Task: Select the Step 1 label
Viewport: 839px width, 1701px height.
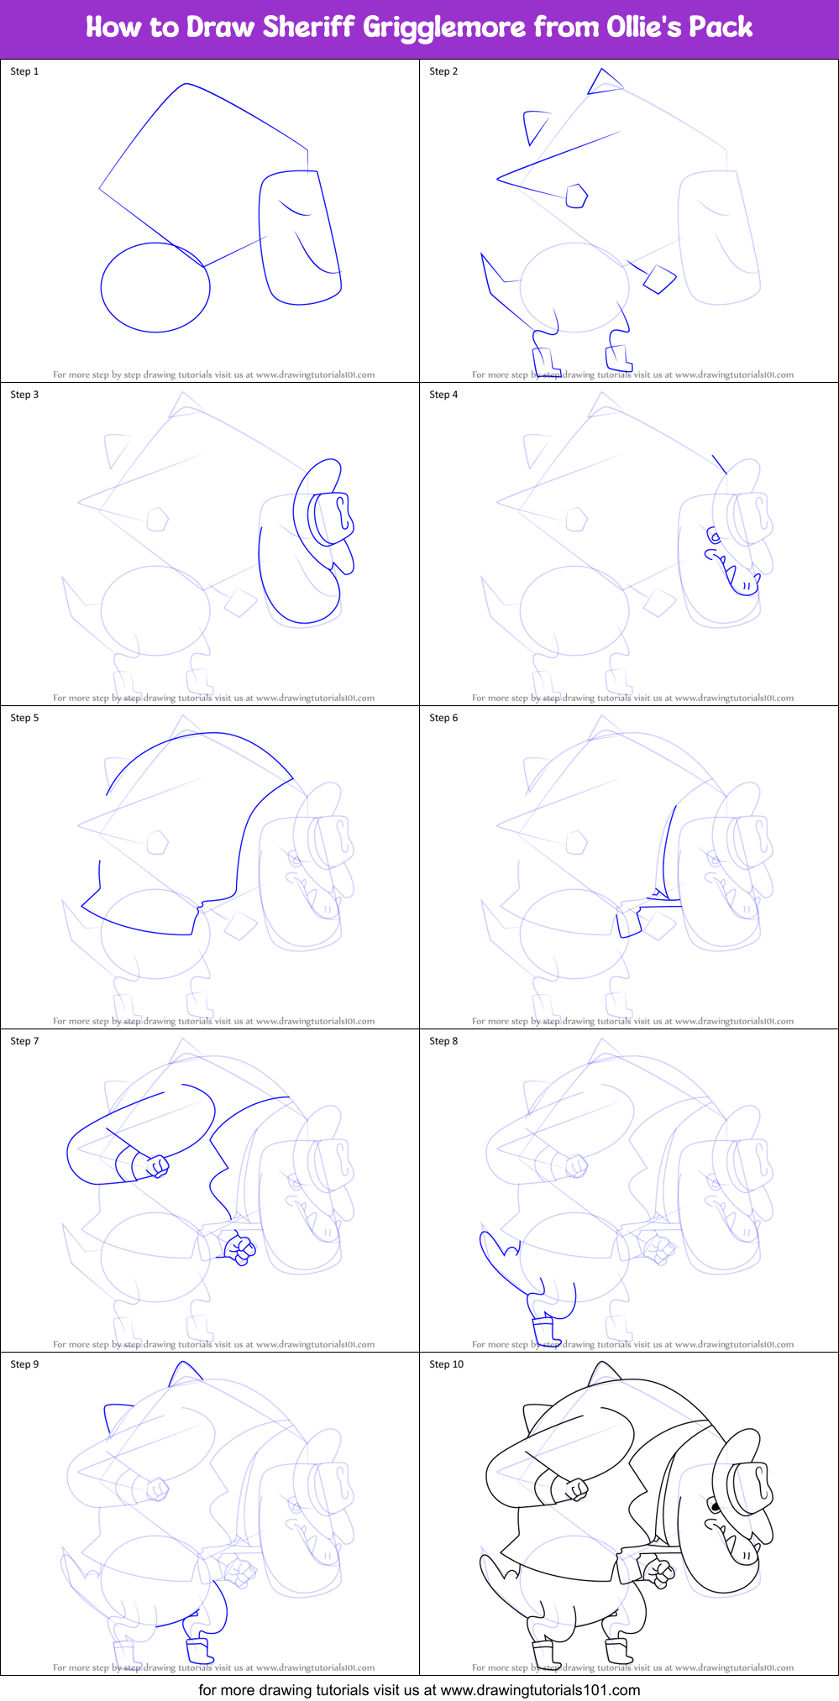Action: [x=24, y=71]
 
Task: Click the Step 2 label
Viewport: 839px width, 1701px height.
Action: [x=443, y=71]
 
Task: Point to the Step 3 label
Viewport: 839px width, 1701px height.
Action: [x=24, y=395]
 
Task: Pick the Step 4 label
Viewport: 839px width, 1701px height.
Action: [x=443, y=395]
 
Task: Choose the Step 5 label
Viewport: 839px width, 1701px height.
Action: [x=24, y=718]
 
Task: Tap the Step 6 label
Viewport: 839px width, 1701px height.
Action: [x=443, y=718]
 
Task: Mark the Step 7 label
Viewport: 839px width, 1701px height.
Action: [x=24, y=1041]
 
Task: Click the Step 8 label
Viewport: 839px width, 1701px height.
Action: [x=443, y=1041]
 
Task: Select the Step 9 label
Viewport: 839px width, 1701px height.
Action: [x=24, y=1364]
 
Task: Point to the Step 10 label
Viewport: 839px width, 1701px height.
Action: [x=446, y=1364]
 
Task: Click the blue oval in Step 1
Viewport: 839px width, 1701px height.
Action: [x=155, y=287]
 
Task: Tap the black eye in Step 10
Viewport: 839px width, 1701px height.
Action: [x=715, y=1507]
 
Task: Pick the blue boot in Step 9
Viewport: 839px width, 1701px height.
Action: [x=199, y=1650]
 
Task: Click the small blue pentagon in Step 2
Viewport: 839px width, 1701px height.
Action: [x=576, y=196]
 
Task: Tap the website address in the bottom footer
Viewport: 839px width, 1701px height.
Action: [x=540, y=1689]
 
